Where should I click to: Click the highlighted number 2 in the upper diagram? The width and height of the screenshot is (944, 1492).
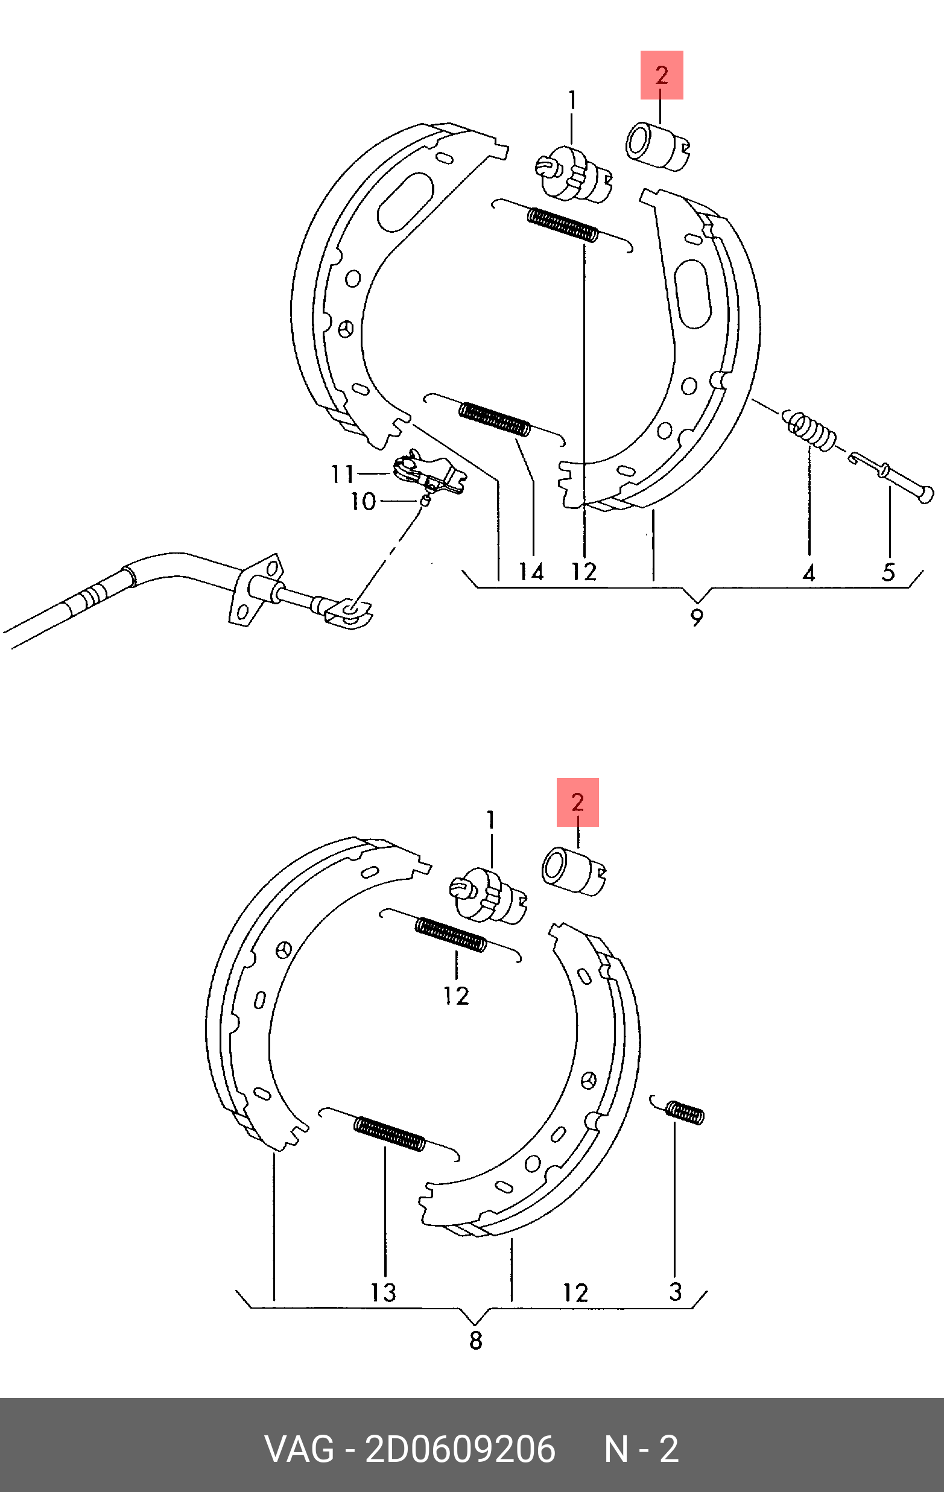(662, 75)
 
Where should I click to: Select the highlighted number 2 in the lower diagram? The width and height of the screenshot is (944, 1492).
(578, 802)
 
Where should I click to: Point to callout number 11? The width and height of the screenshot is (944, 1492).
(342, 474)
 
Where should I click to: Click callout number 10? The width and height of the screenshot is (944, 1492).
(363, 501)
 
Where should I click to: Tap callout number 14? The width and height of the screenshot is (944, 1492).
(531, 571)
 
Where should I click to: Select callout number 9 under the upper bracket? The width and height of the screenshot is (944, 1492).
(697, 618)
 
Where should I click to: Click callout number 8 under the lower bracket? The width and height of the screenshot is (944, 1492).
(475, 1341)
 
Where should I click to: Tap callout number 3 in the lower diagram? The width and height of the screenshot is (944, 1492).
(676, 1292)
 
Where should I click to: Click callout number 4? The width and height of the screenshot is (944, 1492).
(808, 573)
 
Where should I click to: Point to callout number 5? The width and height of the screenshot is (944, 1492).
(889, 572)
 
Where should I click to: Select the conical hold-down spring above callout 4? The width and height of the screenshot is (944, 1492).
(809, 429)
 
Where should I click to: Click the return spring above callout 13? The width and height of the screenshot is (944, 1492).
(389, 1133)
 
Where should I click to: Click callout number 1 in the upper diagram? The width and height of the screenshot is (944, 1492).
(571, 100)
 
